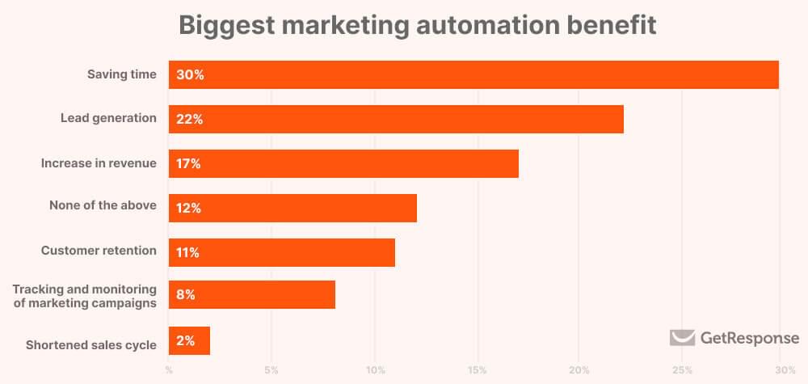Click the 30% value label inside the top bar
coord(191,74)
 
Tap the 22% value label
coord(190,119)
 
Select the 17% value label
coord(189,163)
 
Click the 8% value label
coord(186,295)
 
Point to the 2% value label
coord(186,341)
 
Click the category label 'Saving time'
coord(122,74)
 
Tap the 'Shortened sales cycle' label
coord(90,344)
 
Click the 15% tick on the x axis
coord(477,370)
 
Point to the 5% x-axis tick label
coord(271,370)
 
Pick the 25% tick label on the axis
coord(682,370)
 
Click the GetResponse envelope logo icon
coord(682,338)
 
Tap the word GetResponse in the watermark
coord(750,338)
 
